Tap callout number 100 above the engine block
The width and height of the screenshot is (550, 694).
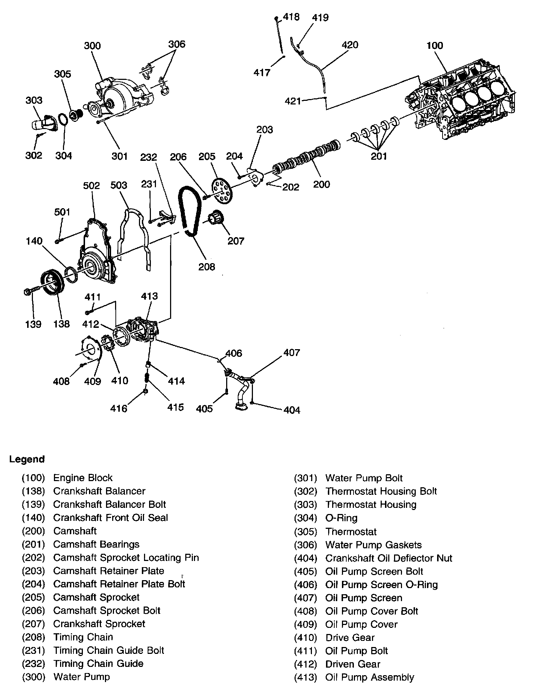(435, 46)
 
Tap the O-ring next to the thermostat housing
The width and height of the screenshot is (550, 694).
(63, 120)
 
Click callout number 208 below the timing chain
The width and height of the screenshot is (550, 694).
(207, 267)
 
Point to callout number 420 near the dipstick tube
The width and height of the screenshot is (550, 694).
(350, 45)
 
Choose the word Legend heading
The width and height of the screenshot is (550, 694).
(27, 459)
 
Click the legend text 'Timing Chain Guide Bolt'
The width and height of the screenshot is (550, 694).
(109, 650)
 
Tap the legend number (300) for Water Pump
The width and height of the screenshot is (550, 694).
(33, 677)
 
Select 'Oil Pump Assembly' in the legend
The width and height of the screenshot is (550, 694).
(369, 677)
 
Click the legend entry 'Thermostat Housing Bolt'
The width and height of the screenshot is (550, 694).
(381, 491)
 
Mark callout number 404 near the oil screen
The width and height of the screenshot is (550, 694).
(292, 410)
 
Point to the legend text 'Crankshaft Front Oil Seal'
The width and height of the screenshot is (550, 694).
(110, 518)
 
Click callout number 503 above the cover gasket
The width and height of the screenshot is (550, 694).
(119, 185)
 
